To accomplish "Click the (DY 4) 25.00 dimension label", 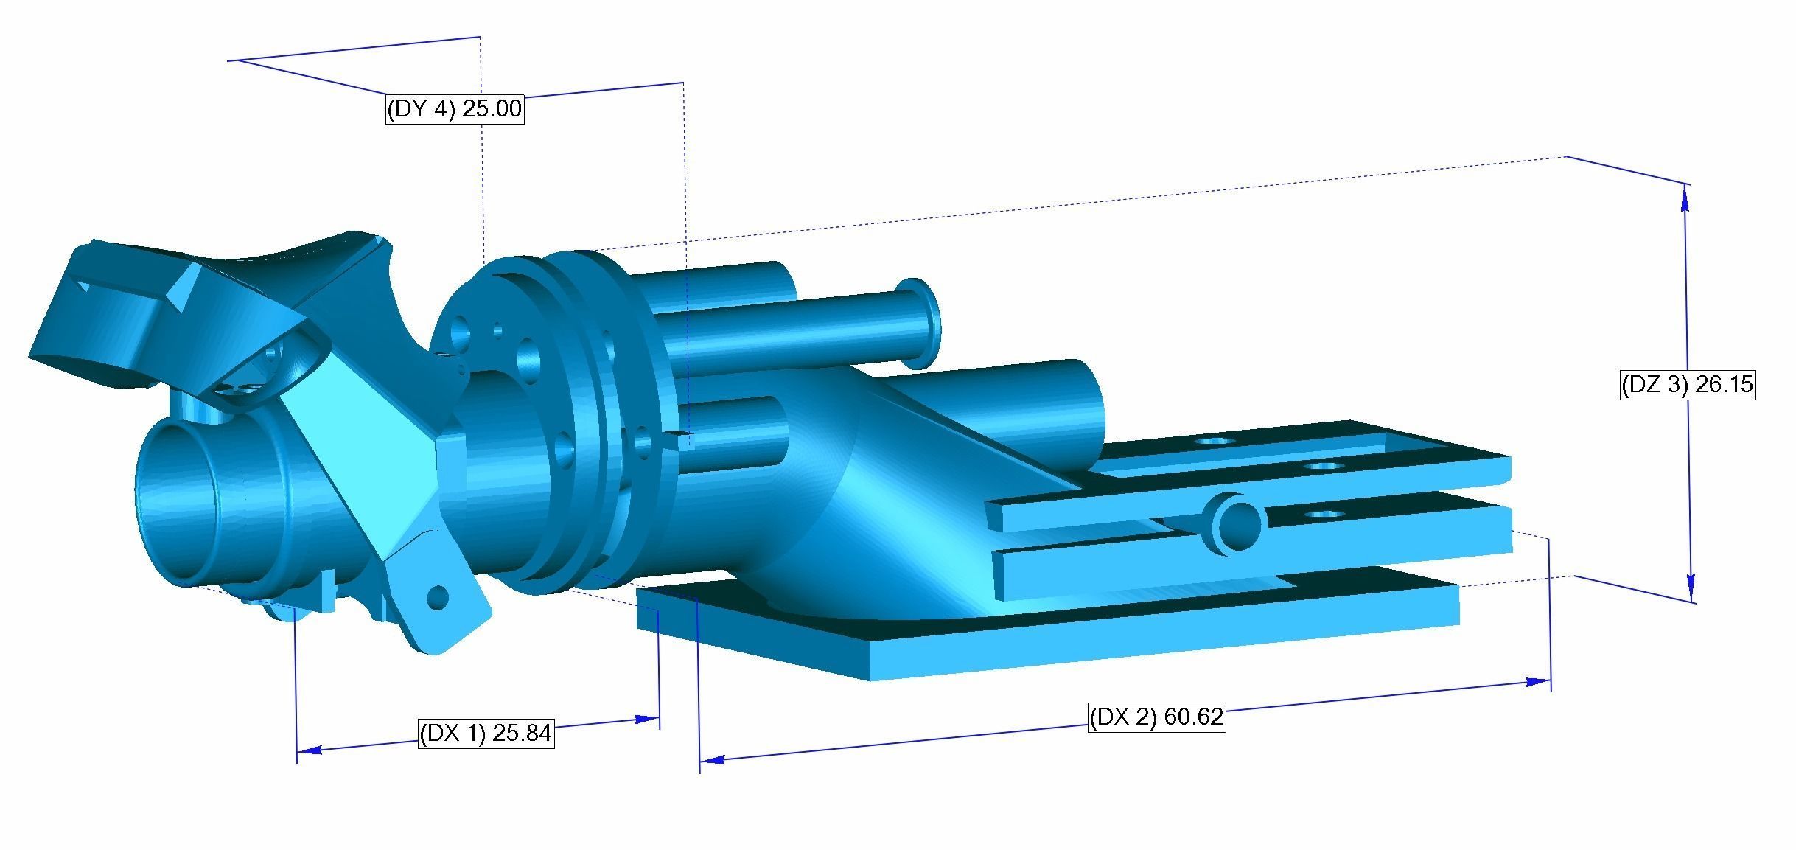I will (455, 109).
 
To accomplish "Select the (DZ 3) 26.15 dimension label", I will (1687, 385).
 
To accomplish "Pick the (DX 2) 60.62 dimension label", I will (1156, 717).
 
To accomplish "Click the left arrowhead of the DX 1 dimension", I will (310, 750).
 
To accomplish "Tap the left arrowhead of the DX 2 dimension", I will (712, 759).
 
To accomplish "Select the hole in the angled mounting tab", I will (438, 597).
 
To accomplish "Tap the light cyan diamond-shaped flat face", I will (368, 457).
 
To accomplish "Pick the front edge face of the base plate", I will (1164, 649).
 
